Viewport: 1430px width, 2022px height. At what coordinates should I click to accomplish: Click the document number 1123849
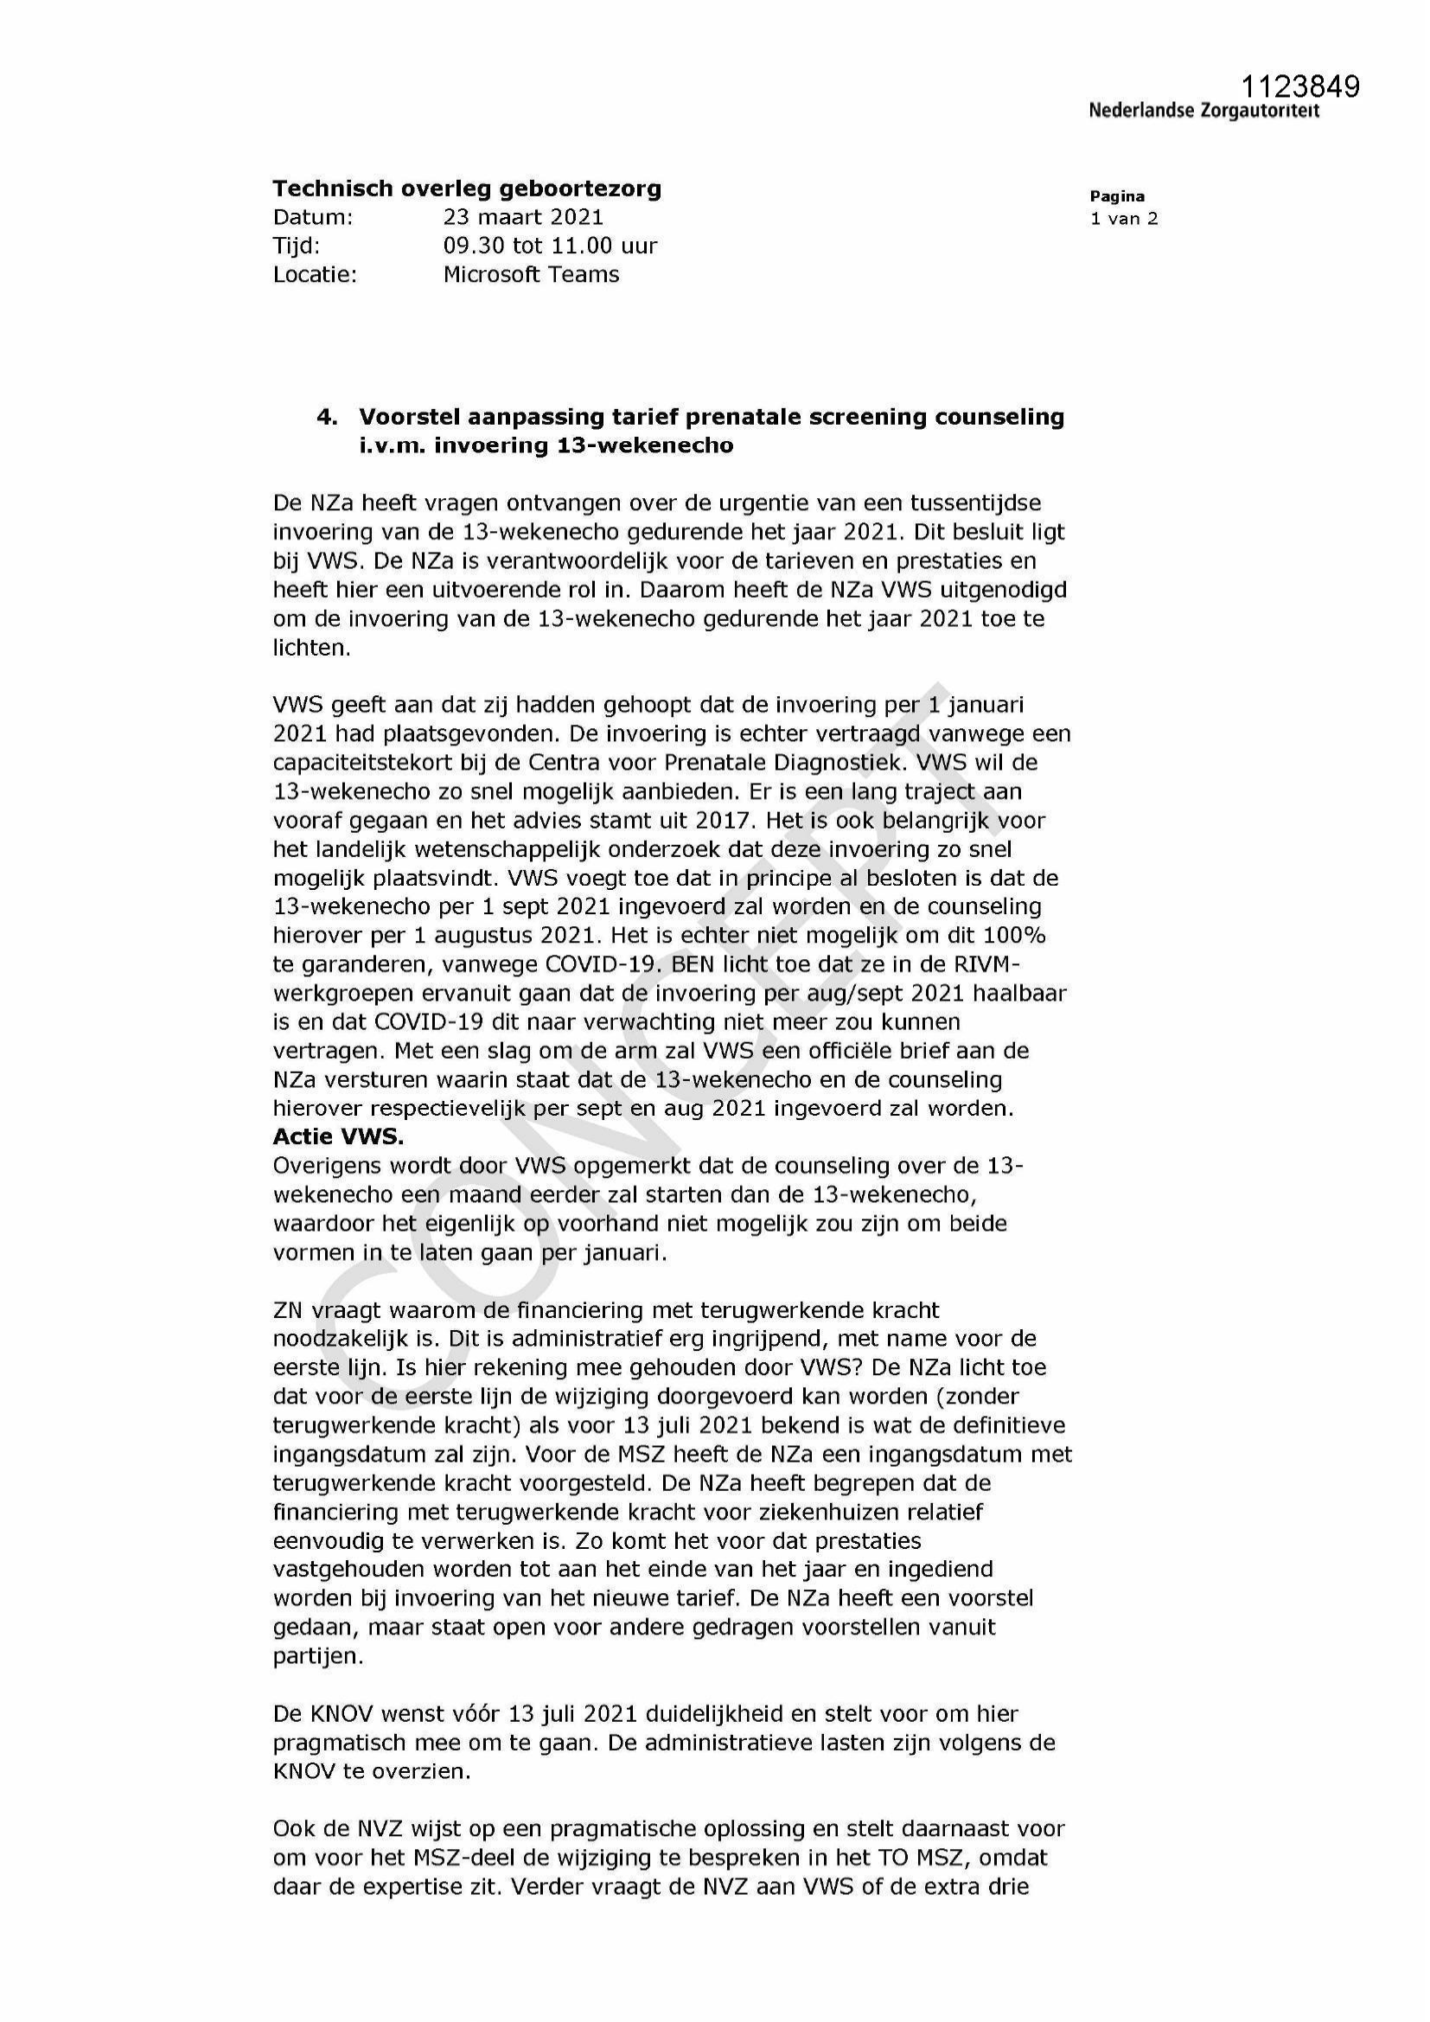[1300, 86]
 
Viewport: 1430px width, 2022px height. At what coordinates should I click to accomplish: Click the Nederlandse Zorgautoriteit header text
[1203, 111]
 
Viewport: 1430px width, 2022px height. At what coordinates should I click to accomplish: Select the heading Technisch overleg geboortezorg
[467, 189]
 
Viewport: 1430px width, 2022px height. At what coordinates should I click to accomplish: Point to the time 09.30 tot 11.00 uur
[551, 246]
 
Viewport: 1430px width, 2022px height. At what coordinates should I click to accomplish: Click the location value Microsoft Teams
[531, 274]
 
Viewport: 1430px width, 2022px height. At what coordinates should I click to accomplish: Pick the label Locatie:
[316, 274]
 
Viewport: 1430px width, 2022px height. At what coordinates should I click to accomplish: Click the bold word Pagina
[1116, 196]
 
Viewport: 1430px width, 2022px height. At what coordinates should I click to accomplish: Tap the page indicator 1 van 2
[1124, 219]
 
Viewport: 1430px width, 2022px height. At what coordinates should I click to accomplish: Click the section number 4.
[328, 417]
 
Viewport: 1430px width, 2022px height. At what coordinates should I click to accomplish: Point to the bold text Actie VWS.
[338, 1137]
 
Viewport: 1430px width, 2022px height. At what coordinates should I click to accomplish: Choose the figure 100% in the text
[1015, 934]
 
